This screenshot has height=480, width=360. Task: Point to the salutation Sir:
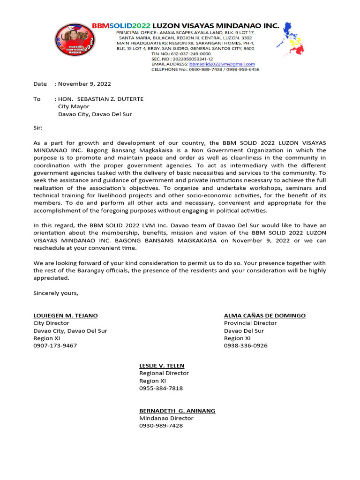pos(38,127)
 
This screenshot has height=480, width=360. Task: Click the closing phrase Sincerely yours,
pos(56,293)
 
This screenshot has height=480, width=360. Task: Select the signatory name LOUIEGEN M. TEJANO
pos(66,315)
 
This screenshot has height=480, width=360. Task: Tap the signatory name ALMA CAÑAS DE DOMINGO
pos(265,315)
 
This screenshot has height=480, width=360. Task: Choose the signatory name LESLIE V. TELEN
pos(162,366)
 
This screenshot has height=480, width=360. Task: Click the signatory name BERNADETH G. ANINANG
pos(177,411)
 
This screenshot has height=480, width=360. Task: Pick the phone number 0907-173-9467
pos(55,345)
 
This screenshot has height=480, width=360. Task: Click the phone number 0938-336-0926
pos(246,345)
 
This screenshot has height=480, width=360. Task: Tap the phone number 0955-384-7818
pos(161,388)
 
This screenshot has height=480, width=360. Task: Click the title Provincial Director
pos(250,323)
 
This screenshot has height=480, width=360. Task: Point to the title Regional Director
pos(164,373)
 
